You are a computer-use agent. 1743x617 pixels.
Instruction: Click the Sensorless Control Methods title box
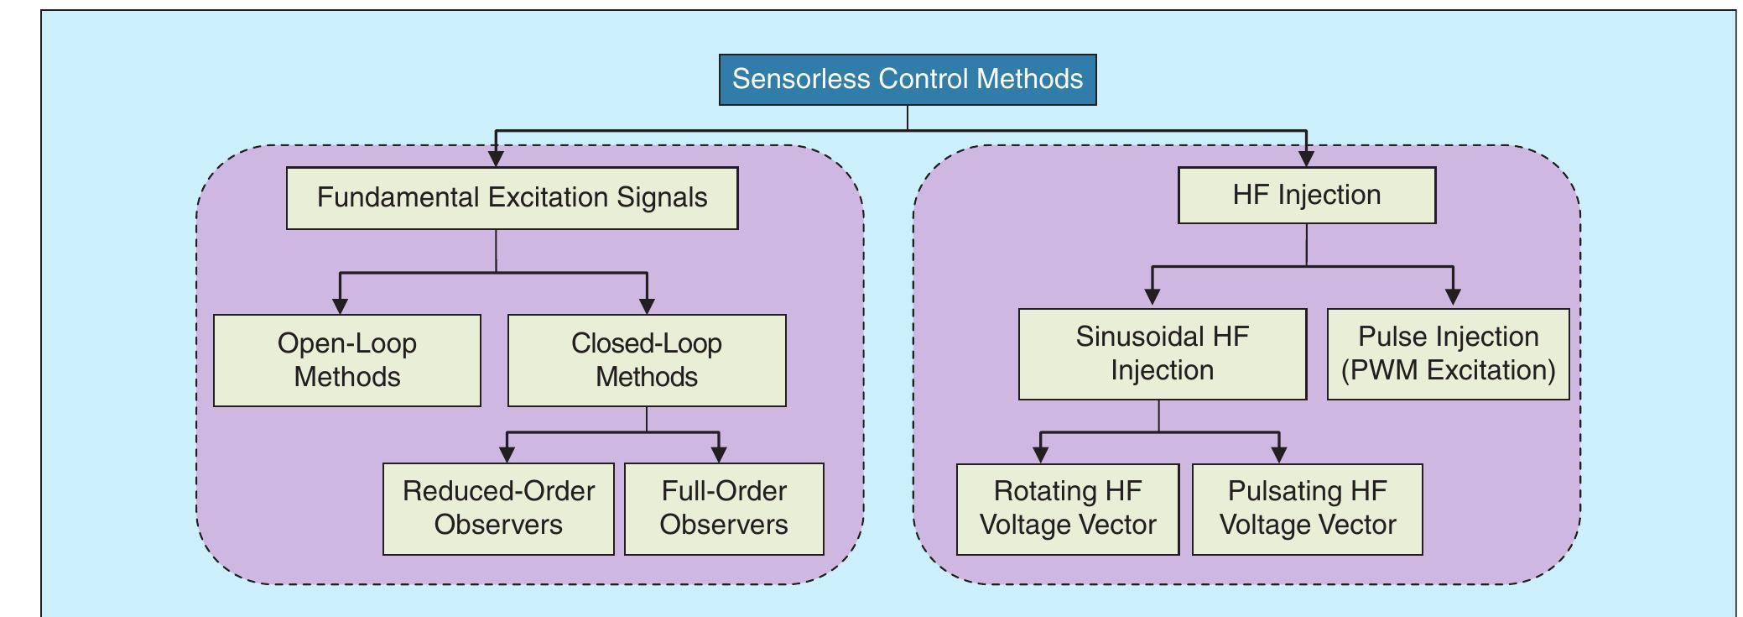(x=907, y=80)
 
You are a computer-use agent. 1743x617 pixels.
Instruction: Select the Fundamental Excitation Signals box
(x=512, y=198)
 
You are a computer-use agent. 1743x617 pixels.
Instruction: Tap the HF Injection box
(x=1306, y=196)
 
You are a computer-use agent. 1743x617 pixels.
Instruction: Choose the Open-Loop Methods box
(x=346, y=360)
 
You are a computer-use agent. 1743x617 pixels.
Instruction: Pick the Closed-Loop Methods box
(x=646, y=360)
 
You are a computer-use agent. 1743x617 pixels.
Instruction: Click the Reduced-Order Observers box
(x=498, y=509)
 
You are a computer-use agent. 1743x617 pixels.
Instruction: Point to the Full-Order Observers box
(x=723, y=509)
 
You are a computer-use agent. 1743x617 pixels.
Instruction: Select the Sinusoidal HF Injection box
(x=1162, y=353)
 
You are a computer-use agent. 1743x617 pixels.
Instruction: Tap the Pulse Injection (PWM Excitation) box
(x=1448, y=353)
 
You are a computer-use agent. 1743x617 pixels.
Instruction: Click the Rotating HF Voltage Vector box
(x=1067, y=509)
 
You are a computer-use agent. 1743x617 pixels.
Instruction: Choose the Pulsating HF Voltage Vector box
(x=1307, y=509)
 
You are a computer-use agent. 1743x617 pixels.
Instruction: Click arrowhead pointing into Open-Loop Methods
(x=340, y=305)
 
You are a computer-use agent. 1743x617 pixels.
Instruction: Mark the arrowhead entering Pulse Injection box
(x=1453, y=297)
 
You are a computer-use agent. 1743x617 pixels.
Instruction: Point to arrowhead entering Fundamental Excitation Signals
(x=496, y=157)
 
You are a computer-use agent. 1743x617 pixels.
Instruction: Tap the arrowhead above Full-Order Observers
(x=719, y=453)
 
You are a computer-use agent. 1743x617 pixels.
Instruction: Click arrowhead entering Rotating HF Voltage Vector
(x=1040, y=454)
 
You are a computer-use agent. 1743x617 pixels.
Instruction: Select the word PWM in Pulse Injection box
(x=1385, y=370)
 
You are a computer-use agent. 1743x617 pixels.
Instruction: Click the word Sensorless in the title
(x=800, y=79)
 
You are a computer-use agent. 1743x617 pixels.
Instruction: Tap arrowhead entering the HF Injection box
(x=1306, y=157)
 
